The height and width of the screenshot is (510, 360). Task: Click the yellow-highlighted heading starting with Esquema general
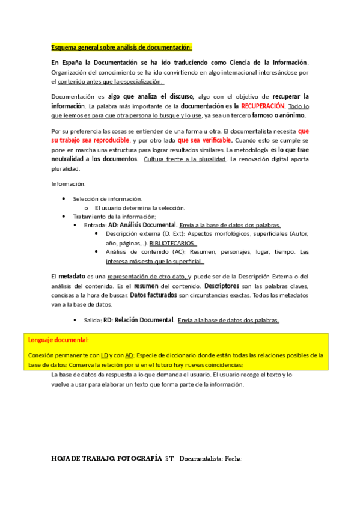click(x=121, y=47)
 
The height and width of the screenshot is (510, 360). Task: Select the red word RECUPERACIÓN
click(x=262, y=106)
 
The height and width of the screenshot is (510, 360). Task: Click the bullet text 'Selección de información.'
click(x=108, y=198)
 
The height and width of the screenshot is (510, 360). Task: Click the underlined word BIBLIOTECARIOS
click(x=172, y=243)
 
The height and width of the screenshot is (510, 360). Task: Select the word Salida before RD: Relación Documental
click(x=93, y=320)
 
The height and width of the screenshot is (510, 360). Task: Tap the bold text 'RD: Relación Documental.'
click(x=139, y=320)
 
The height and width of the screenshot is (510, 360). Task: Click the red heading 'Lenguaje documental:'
click(x=58, y=340)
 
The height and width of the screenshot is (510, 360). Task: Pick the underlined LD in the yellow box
click(x=104, y=355)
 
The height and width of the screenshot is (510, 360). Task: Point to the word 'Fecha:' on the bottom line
click(x=233, y=459)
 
